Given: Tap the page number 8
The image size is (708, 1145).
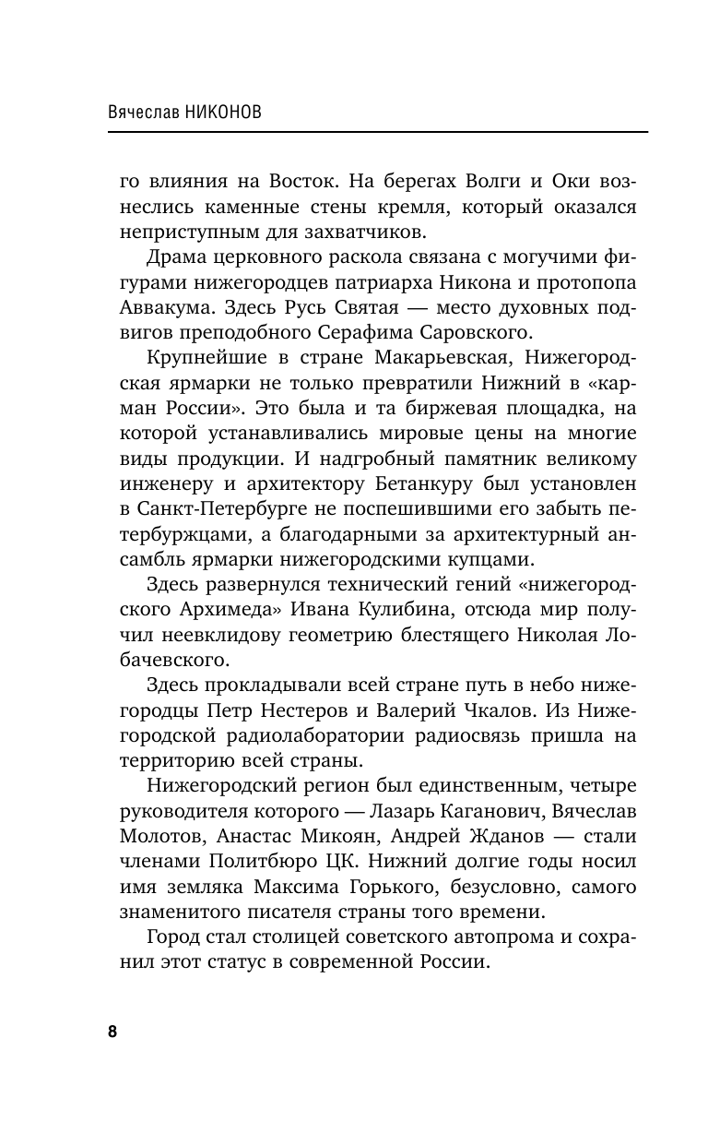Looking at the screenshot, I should point(112,1031).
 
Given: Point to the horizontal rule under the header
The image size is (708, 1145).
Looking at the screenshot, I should point(378,132).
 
